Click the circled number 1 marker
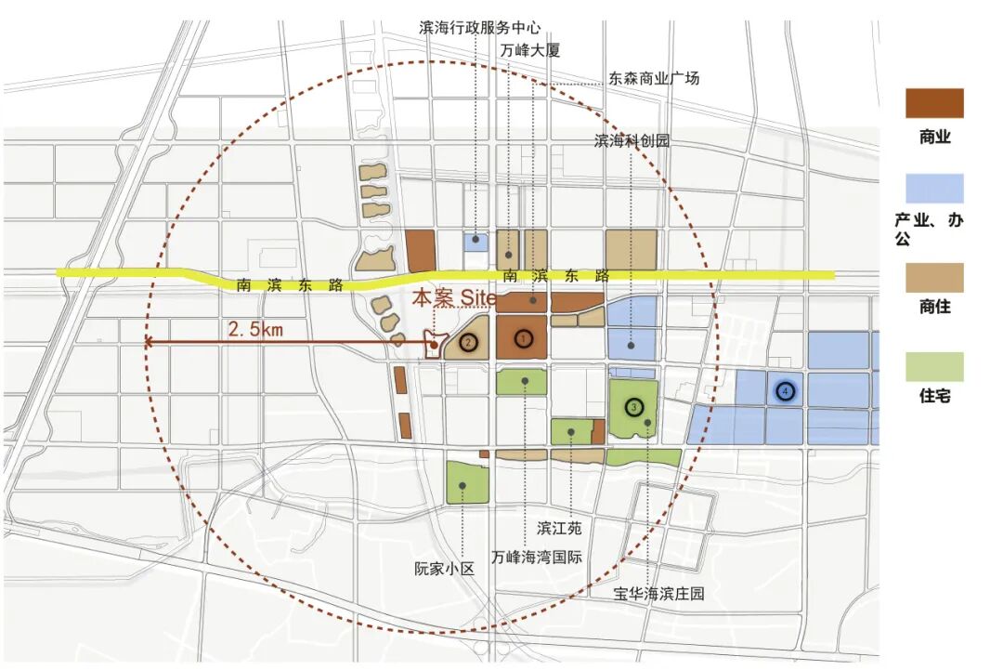point(524,339)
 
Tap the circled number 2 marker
point(469,343)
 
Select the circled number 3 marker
point(633,406)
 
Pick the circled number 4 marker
point(786,392)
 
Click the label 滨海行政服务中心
point(480,29)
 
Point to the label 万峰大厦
point(530,50)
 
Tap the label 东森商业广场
point(654,79)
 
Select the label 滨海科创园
point(632,141)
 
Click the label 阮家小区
point(444,569)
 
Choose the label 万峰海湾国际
point(537,558)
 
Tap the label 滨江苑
point(559,528)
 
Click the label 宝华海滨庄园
point(659,592)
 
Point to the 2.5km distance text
point(256,329)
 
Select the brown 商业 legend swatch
point(934,103)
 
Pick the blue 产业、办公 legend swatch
point(934,189)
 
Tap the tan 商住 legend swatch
point(934,277)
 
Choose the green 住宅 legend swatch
point(934,366)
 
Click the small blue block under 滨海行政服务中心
point(475,242)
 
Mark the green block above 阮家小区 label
point(467,482)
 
